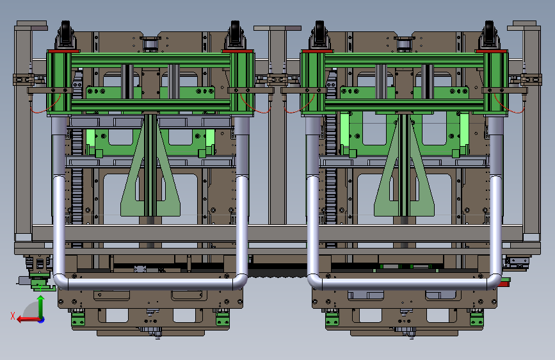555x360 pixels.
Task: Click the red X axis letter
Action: click(13, 316)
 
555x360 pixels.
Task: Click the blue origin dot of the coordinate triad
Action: click(42, 320)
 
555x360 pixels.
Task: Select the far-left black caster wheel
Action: click(65, 33)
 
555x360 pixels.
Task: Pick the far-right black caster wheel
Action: click(489, 33)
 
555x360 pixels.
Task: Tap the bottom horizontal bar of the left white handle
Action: click(150, 284)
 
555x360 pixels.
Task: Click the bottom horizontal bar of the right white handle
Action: click(404, 284)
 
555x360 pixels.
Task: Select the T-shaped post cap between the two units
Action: click(278, 28)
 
